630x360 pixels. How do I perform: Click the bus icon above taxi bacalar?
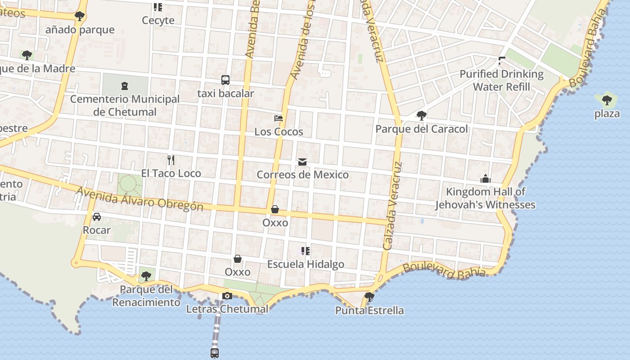[x=225, y=80]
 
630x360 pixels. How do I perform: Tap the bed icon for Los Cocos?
[x=279, y=118]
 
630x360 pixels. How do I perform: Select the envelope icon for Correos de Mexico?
[x=302, y=162]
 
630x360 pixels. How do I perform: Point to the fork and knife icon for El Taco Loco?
[x=171, y=160]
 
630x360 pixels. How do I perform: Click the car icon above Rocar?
[x=97, y=217]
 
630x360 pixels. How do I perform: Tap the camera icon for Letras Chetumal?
[x=227, y=296]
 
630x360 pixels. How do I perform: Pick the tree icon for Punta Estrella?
[x=369, y=297]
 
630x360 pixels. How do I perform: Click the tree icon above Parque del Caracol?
[x=422, y=116]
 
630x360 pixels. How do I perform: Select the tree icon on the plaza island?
[x=607, y=100]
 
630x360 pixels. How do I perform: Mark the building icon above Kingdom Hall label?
[x=485, y=179]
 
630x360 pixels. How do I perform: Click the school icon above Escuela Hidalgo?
[x=306, y=251]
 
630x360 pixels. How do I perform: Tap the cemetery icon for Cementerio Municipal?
[x=125, y=85]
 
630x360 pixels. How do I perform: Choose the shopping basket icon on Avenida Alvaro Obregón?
[x=275, y=209]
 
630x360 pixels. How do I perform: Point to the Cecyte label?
[x=158, y=20]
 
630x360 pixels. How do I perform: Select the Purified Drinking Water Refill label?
[x=501, y=80]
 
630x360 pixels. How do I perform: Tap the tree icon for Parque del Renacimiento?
[x=145, y=276]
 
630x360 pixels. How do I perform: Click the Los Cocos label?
[x=279, y=132]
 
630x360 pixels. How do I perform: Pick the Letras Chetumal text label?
[x=227, y=309]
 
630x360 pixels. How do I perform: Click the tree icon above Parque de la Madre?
[x=27, y=55]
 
